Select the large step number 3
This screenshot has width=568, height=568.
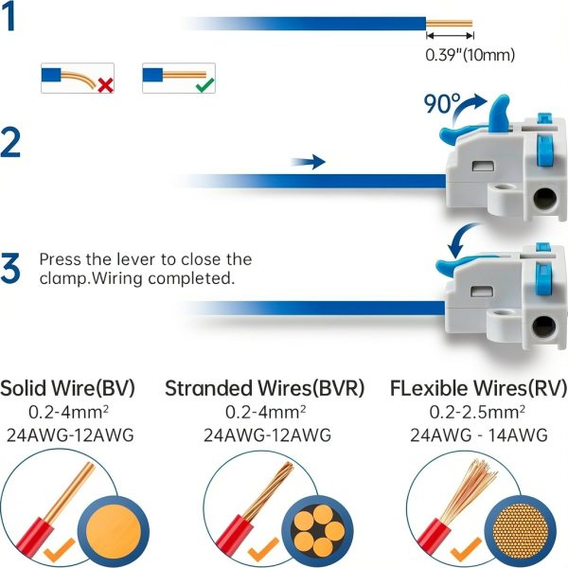click(x=10, y=268)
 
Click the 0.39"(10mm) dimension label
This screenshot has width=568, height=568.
click(x=470, y=55)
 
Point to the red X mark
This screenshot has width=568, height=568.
click(x=105, y=85)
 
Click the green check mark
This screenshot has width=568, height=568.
click(x=204, y=85)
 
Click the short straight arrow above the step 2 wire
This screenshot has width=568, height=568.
click(x=308, y=162)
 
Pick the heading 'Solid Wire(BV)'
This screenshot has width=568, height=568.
click(x=67, y=388)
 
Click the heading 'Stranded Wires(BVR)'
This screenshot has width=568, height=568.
click(x=264, y=388)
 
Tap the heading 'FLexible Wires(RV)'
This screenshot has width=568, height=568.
click(x=478, y=388)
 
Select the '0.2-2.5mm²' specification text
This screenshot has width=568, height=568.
click(x=477, y=412)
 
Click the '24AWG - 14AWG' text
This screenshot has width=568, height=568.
click(x=478, y=435)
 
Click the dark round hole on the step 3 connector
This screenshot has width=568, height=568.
click(x=543, y=327)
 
